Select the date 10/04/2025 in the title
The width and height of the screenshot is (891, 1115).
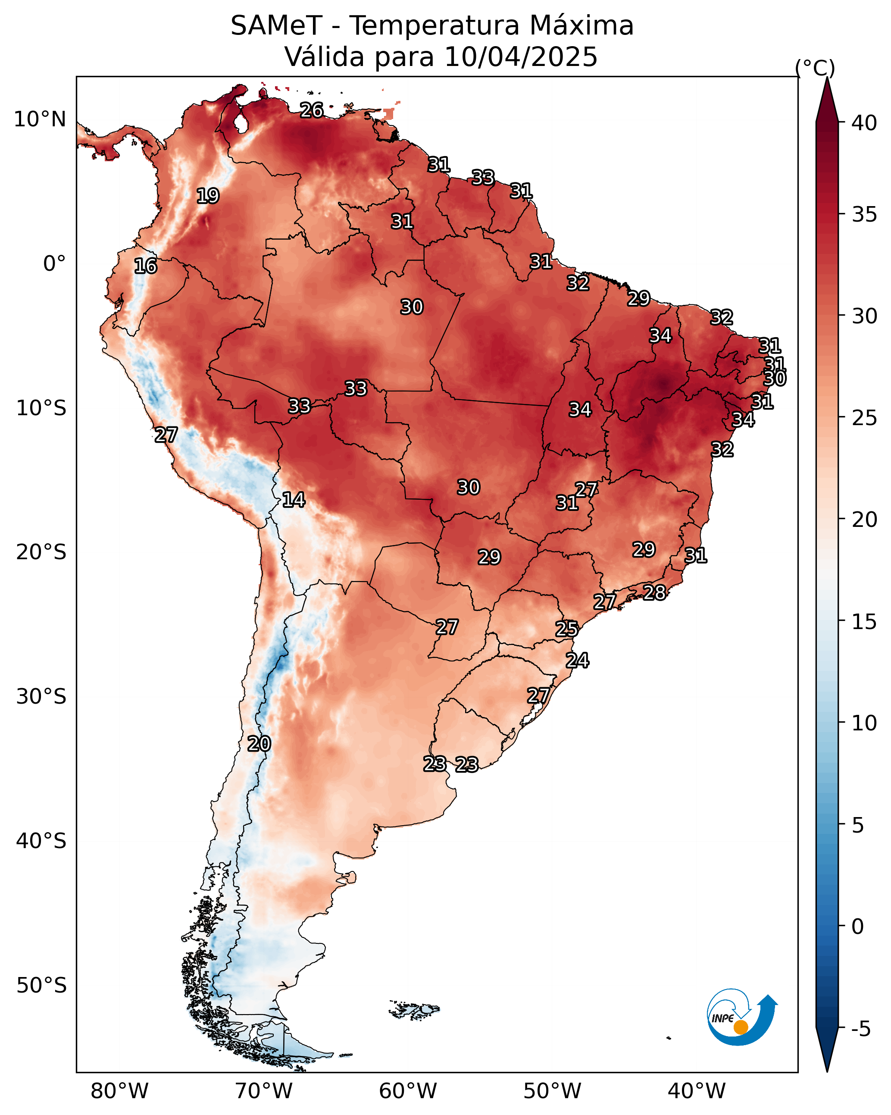click(520, 56)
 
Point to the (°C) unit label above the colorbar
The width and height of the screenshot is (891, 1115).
click(814, 68)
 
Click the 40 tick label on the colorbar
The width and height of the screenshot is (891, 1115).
click(864, 123)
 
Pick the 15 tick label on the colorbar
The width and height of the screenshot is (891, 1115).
click(864, 622)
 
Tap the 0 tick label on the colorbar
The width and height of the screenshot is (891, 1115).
click(857, 927)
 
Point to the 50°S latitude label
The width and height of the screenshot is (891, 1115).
click(41, 986)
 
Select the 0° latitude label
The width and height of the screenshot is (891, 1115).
click(54, 264)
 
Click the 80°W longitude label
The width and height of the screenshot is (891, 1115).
click(119, 1091)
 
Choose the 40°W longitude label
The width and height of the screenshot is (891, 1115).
click(697, 1091)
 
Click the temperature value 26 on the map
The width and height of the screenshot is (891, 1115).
click(312, 110)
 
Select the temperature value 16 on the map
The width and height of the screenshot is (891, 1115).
click(145, 266)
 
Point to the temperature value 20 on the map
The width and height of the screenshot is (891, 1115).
click(259, 744)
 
